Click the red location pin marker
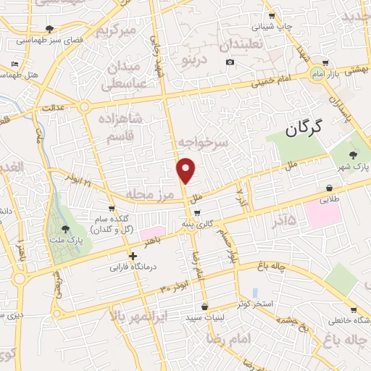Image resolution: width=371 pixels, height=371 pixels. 186,170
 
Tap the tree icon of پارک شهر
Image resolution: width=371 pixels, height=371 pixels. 353,155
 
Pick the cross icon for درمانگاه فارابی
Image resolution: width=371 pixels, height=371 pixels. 132,256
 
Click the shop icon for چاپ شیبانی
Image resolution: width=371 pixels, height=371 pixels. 272,15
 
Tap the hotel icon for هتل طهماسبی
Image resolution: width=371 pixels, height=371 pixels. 16,64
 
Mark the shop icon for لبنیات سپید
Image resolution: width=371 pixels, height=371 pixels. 206,307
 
